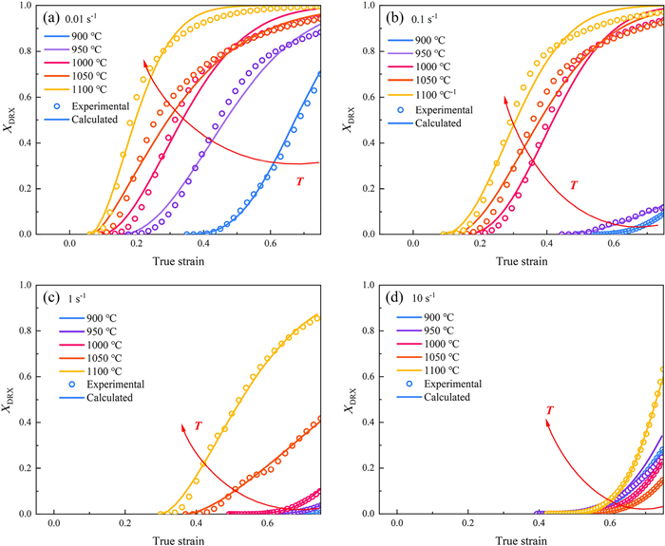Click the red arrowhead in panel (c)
pos(183,426)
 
